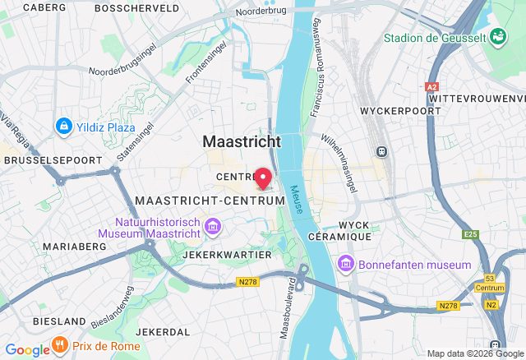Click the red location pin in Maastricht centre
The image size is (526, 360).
coord(263,177)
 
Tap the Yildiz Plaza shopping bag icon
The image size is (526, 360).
coord(63,127)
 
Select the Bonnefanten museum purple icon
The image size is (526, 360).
coord(345,265)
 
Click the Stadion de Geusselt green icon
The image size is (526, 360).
coord(498,36)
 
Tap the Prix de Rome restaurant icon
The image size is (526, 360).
coord(59,344)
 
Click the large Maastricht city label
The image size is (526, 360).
coord(242,141)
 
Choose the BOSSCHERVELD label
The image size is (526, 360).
coord(137,7)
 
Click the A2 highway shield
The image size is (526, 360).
coord(432,85)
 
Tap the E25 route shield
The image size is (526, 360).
coord(470,234)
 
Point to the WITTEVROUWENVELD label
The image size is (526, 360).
coord(477,97)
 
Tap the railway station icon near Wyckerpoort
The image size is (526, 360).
coord(381,151)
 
